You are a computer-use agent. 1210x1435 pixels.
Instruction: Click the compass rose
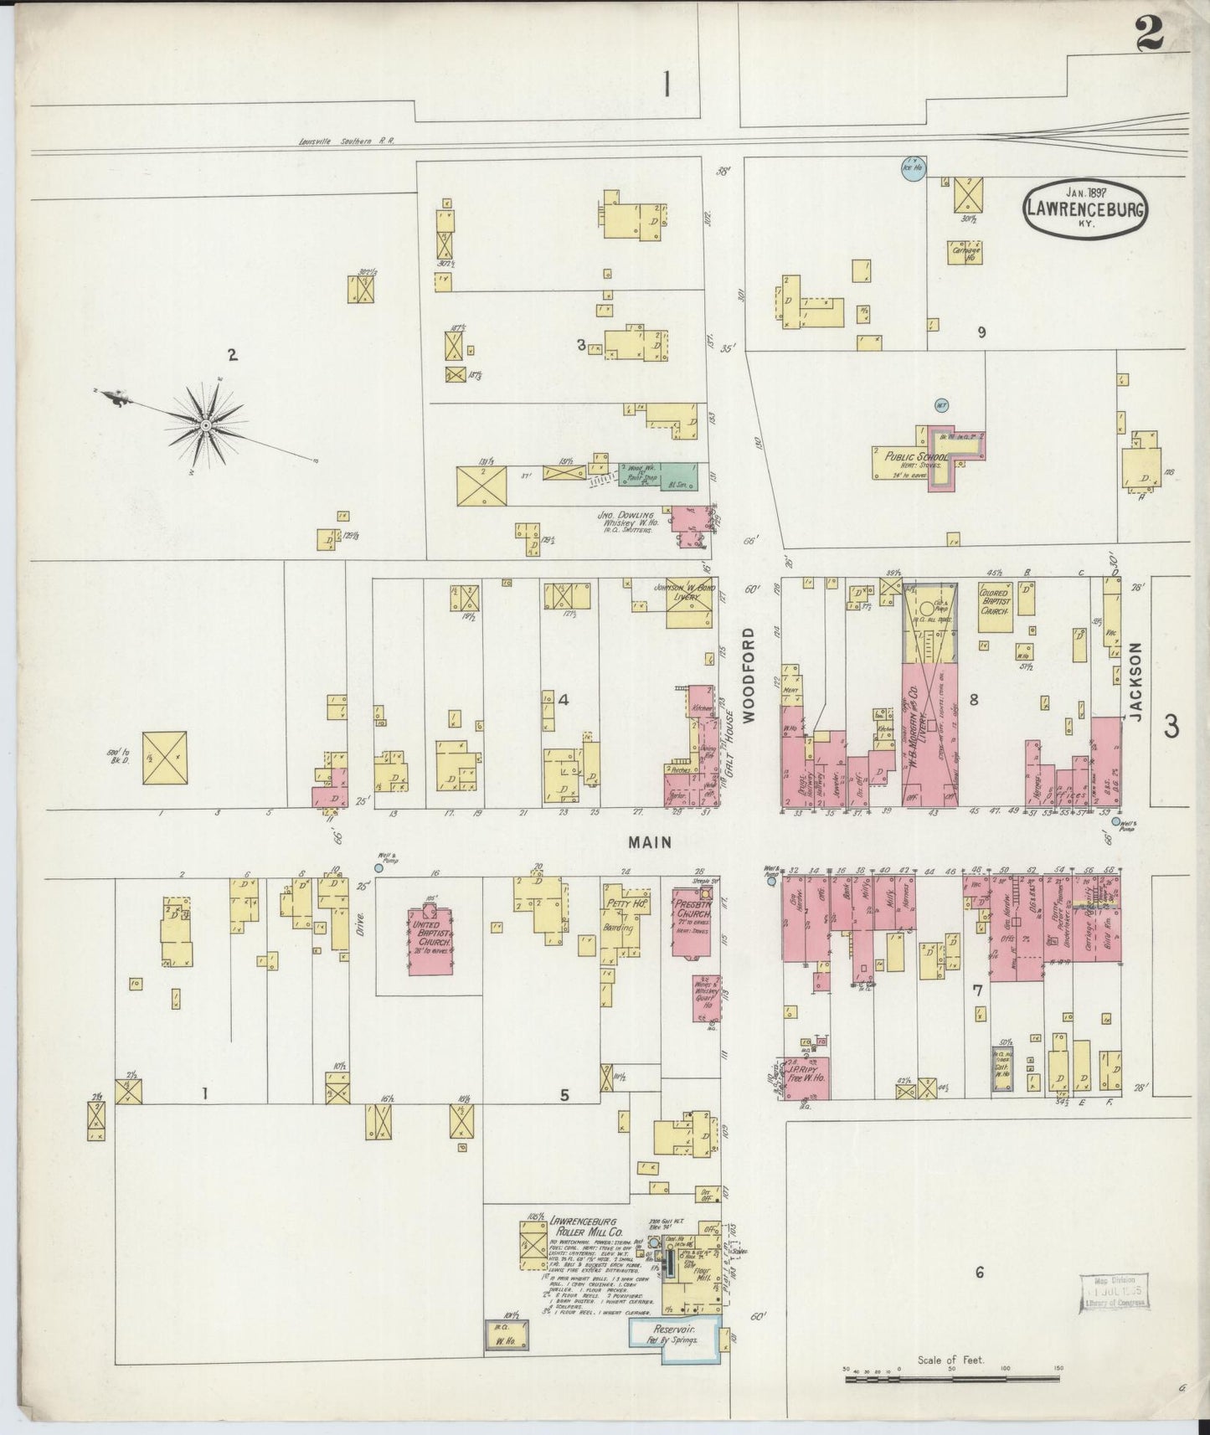click(205, 425)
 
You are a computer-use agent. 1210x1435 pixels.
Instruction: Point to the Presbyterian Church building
click(693, 921)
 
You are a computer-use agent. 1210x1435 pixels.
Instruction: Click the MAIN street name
click(651, 843)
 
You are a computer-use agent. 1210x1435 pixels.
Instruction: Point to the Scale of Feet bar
click(952, 1377)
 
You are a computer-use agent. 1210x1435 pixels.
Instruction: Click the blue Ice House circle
click(912, 168)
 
